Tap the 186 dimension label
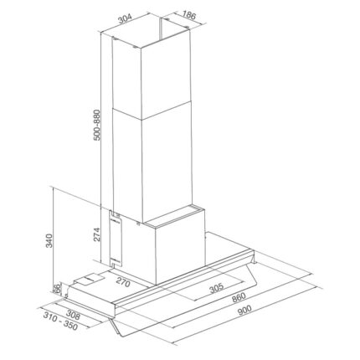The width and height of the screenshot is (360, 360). coord(190,17)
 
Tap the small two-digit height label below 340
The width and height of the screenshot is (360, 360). coord(56,289)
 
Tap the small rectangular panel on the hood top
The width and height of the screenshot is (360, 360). coord(90,279)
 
